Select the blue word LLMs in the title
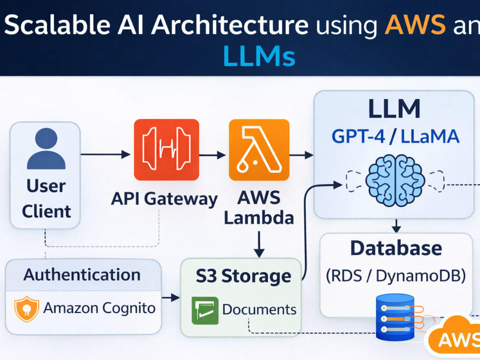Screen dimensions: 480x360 coord(259,56)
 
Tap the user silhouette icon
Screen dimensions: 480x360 coord(46,149)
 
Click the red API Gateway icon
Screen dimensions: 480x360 coord(167,149)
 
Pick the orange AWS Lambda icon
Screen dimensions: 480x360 coord(259,149)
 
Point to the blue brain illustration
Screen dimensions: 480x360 coord(395,180)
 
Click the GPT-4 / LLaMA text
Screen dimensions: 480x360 coord(395,136)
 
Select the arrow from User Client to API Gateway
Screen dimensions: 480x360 coord(106,154)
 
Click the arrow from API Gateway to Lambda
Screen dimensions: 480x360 coord(213,155)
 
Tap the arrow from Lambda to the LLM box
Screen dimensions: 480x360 coord(301,155)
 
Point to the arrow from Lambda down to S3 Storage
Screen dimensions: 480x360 coord(259,244)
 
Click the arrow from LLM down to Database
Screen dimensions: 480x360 coord(396,226)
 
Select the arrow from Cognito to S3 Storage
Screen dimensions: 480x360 coord(171,297)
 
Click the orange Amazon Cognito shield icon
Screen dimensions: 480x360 coord(26,309)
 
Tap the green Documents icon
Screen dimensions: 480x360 coord(205,311)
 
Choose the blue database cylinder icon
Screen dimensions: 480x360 coord(395,317)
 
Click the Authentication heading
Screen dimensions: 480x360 coord(82,275)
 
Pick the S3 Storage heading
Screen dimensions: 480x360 coord(243,276)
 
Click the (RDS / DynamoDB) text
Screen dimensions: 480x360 coord(396,276)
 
